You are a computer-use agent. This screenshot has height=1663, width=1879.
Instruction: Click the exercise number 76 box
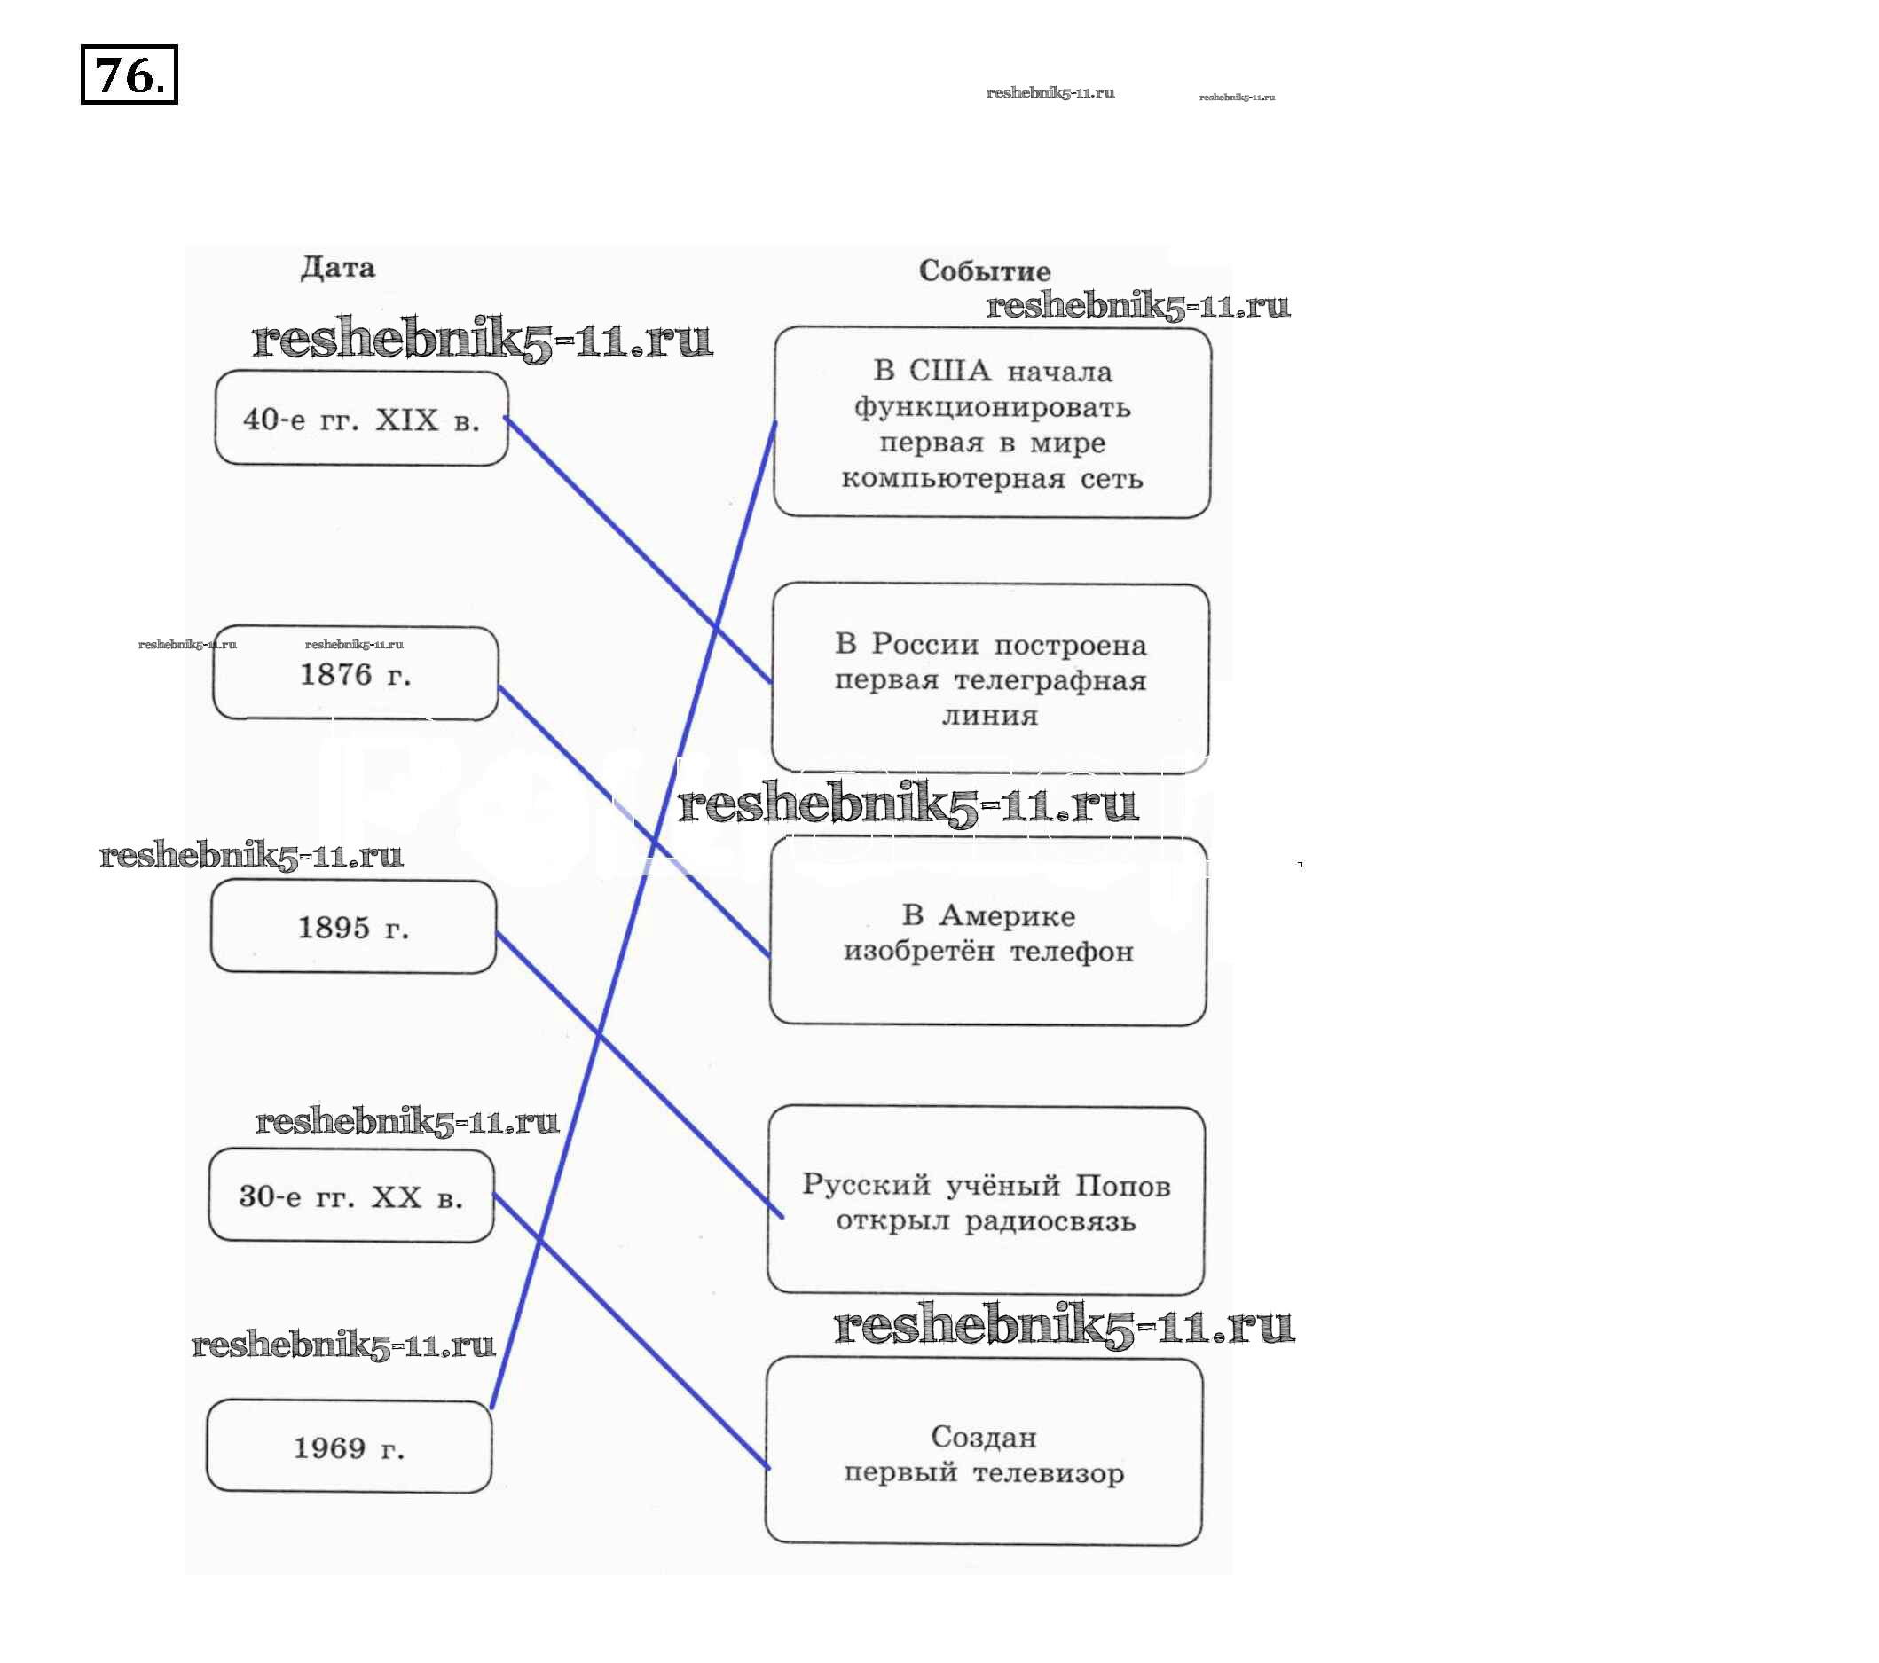coord(129,75)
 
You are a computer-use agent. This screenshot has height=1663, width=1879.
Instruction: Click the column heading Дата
coord(337,268)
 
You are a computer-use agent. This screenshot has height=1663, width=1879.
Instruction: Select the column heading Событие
coord(984,271)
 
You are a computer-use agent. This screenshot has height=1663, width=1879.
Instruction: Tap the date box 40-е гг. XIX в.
coord(361,420)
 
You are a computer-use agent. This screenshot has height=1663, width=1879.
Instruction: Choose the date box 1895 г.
coord(354,928)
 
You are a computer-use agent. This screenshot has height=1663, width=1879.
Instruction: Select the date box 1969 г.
coord(350,1448)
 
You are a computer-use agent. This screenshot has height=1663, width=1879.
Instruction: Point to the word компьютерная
coord(954,479)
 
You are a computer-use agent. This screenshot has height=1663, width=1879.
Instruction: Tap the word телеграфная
coord(1050,681)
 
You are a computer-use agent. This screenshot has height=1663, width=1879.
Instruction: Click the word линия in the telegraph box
coord(990,716)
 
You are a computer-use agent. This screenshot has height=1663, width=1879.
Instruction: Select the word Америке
coord(1007,916)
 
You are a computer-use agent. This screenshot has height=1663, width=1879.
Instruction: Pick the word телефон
coord(1072,952)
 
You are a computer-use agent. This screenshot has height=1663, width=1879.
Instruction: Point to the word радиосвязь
coord(1050,1221)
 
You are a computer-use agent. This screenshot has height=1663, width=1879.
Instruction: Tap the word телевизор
coord(1048,1473)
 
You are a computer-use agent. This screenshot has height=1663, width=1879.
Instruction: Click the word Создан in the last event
coord(984,1437)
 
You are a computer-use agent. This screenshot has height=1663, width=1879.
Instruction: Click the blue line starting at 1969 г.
coord(634,919)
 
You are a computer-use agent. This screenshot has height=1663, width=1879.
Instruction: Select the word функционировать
coord(992,407)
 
